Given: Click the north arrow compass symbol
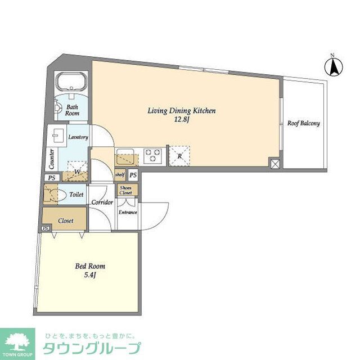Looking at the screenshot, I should [332, 66].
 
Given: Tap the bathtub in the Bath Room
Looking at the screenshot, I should [70, 83].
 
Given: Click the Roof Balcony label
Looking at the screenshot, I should [303, 123].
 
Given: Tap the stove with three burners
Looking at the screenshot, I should [152, 155].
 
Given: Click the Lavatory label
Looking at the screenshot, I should [78, 137].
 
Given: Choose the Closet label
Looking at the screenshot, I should [66, 221].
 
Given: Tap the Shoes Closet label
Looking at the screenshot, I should [126, 190].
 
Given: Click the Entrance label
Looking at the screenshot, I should [128, 213].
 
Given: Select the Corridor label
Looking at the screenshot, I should [102, 202].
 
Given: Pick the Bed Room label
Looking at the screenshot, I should [90, 266].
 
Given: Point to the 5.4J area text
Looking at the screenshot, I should [90, 274].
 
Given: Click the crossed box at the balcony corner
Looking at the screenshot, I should [274, 164].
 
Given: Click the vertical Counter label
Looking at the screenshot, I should [51, 159].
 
